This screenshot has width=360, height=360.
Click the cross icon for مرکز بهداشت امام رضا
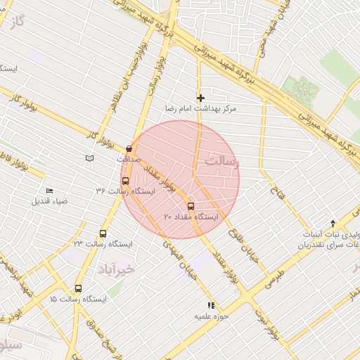[x=200, y=98]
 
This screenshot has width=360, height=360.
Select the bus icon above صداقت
[x=129, y=148]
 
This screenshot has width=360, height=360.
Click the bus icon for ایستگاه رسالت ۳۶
[x=125, y=180]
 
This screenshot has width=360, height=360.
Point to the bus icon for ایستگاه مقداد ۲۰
[x=191, y=206]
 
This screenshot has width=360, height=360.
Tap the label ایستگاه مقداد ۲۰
[x=192, y=217]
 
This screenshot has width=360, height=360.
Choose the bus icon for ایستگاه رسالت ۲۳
[x=103, y=233]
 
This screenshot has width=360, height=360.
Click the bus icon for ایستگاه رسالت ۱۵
[x=77, y=288]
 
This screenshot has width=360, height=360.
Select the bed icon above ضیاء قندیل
[x=49, y=191]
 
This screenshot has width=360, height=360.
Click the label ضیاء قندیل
[x=50, y=201]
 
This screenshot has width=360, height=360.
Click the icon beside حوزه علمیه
[x=210, y=305]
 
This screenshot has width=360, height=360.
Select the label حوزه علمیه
[x=210, y=316]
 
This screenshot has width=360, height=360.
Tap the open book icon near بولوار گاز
[x=89, y=158]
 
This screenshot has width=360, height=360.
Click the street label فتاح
[x=278, y=186]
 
